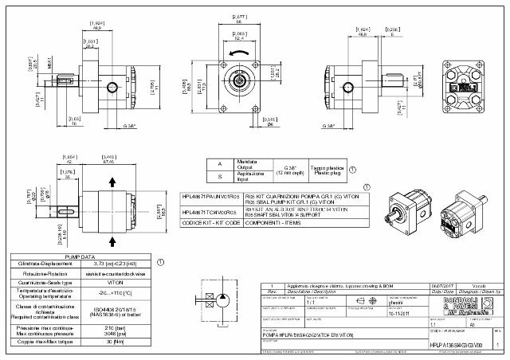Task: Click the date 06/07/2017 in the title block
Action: tap(443, 284)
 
